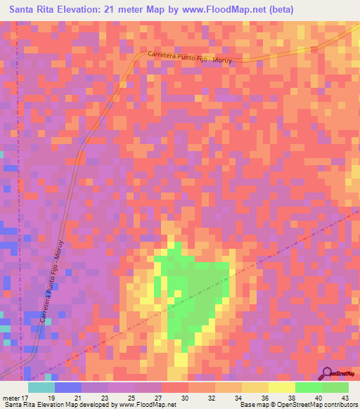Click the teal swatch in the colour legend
coord(41,388)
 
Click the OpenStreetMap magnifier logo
coord(328,373)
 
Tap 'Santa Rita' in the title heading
coord(34,10)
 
